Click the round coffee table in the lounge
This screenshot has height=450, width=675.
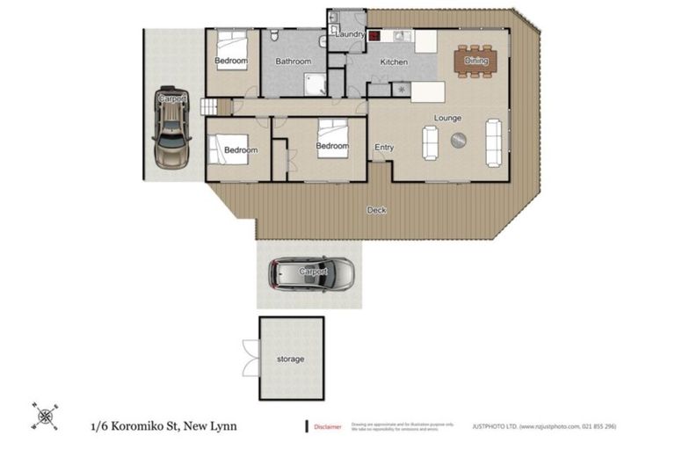click(458, 140)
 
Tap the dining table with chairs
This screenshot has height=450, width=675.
click(476, 61)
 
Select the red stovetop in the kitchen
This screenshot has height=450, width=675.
click(374, 37)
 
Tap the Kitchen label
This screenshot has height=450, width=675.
click(393, 62)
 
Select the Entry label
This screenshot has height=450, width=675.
click(384, 147)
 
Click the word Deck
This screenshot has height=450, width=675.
click(376, 210)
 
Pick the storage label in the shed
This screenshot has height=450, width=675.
click(291, 359)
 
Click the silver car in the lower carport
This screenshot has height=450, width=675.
click(312, 273)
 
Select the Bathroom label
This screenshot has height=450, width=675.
click(293, 62)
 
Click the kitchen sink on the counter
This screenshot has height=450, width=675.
click(400, 37)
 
